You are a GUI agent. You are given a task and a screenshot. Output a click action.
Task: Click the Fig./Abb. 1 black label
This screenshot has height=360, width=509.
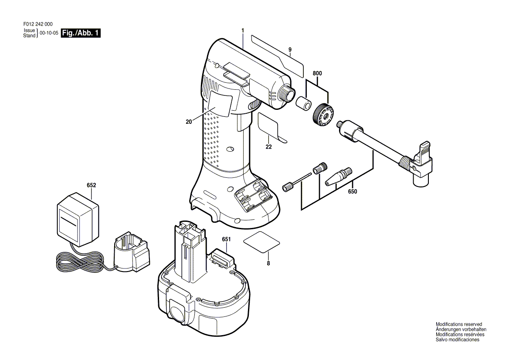(x=81, y=33)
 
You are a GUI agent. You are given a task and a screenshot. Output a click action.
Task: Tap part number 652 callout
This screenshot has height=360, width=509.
(x=91, y=185)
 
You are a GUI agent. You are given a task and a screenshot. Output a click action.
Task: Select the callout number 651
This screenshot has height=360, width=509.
(x=226, y=239)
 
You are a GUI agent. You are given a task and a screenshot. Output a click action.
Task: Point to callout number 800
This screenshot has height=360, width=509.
(x=317, y=73)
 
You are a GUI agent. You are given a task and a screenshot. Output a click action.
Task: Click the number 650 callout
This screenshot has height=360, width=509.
(x=352, y=191)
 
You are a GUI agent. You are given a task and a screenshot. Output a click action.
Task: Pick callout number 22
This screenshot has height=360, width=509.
(x=268, y=147)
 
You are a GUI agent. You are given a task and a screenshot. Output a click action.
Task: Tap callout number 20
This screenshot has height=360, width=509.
(x=189, y=122)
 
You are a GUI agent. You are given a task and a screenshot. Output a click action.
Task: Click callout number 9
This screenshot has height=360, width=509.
(x=290, y=50)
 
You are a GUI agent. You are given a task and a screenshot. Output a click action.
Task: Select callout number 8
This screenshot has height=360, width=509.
(x=268, y=264)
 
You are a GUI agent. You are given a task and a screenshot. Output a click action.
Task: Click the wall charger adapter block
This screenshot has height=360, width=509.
(x=78, y=219)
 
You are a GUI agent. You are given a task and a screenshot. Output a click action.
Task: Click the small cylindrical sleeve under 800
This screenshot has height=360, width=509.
(x=303, y=103)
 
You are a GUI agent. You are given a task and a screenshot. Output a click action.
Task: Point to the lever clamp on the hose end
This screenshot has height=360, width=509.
(x=422, y=164)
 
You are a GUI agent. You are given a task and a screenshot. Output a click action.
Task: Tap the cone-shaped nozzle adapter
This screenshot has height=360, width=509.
(x=338, y=177)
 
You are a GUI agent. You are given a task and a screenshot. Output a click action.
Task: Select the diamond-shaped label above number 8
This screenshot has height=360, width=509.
(x=261, y=242)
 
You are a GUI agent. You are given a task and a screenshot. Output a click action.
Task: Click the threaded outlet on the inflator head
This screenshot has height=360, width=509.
(x=287, y=93)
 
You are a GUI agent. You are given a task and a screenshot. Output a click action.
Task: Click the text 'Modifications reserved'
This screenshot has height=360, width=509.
(x=459, y=324)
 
